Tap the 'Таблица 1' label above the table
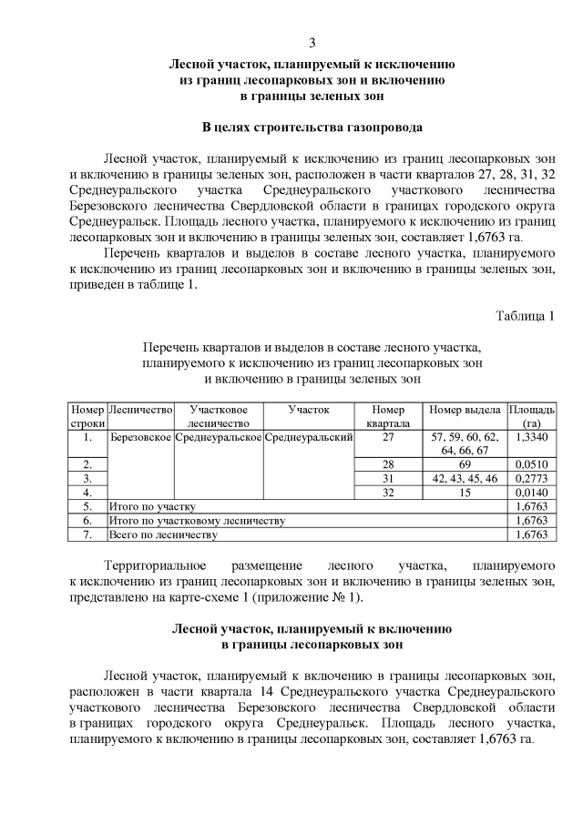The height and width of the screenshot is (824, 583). [524, 316]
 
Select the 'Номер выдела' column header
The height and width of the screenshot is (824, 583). [465, 411]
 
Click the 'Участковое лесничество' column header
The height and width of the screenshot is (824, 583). [218, 417]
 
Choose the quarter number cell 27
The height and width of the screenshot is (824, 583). [388, 437]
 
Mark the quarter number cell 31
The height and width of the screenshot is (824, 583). [388, 477]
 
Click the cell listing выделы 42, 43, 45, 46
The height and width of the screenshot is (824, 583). [465, 477]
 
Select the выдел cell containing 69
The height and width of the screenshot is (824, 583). [465, 463]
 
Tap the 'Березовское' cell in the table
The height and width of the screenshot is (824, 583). [140, 438]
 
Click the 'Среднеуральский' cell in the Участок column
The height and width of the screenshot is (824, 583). [309, 438]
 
